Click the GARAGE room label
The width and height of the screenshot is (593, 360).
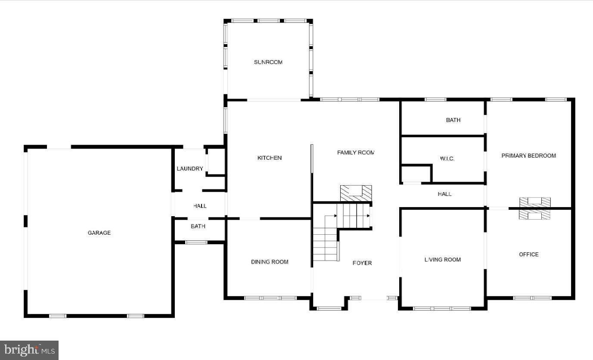pos(99,233)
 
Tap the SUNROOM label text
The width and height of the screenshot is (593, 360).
pos(268,62)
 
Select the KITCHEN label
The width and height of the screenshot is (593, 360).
pos(270,158)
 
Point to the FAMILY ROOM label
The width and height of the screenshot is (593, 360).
pos(356,152)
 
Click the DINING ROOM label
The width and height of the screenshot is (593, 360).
pos(270,262)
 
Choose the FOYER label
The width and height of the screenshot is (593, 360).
pos(362,263)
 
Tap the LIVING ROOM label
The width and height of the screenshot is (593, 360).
pos(442,260)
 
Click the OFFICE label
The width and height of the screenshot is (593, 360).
pos(528,254)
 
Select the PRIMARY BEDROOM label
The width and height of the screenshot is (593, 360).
pos(528,156)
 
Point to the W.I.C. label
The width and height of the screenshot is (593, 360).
pos(447,159)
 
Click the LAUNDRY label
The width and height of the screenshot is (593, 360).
pos(189,169)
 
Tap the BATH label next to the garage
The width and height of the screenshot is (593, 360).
pos(198,226)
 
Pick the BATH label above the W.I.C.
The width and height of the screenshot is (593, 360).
pos(453,120)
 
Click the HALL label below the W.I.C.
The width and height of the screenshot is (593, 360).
pos(444,194)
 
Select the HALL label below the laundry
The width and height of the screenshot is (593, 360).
pos(199,206)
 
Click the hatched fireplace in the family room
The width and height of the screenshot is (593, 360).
pos(356,193)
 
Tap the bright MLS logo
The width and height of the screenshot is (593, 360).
pos(29,350)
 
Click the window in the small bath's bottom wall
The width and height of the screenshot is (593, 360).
pos(196,242)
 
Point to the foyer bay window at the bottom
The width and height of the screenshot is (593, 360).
pos(329,308)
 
